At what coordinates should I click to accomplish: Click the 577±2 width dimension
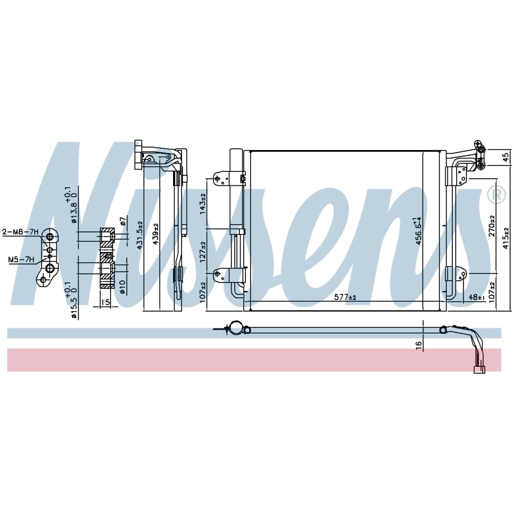(345, 298)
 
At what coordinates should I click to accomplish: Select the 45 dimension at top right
(507, 158)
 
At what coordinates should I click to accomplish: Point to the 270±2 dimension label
(492, 226)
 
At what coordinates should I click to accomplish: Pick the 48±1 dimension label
(476, 298)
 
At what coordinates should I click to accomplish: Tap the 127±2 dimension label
(203, 252)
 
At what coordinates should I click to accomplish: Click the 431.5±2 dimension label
(140, 235)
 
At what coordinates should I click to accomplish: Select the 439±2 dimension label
(155, 234)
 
